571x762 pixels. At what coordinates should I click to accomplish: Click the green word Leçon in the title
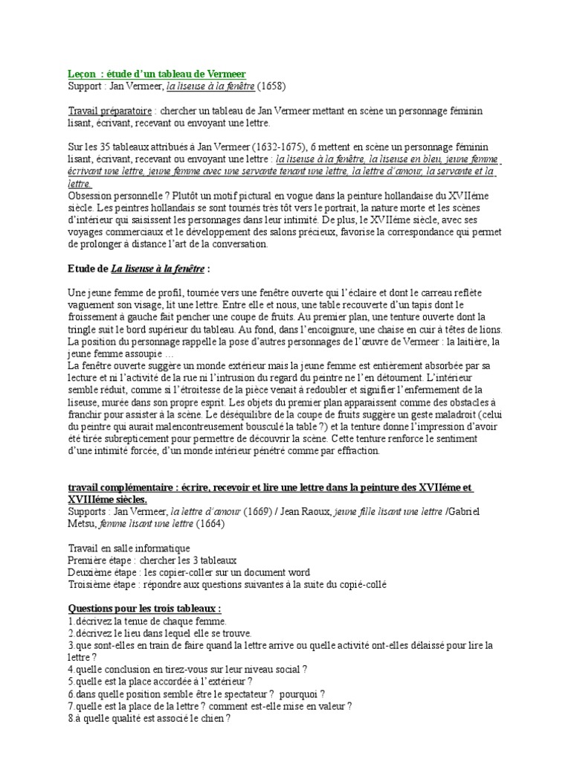pyautogui.click(x=81, y=74)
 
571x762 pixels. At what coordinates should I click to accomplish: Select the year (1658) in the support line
pyautogui.click(x=272, y=86)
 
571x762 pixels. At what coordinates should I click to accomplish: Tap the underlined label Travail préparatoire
pyautogui.click(x=98, y=111)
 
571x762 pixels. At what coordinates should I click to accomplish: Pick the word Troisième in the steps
pyautogui.click(x=90, y=584)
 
